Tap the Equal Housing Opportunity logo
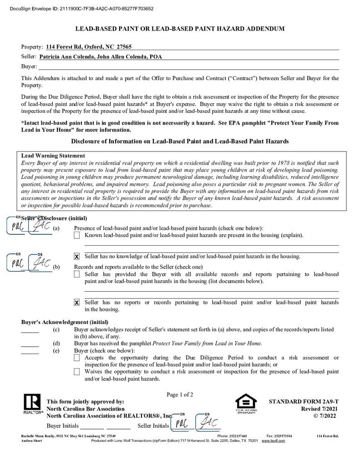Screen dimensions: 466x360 (x=246, y=403)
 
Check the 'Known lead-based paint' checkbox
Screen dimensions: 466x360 (x=77, y=235)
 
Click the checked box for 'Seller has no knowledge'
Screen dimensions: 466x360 (x=77, y=257)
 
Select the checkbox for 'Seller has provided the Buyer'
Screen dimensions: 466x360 (x=77, y=274)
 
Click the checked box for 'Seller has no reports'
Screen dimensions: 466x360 (x=77, y=303)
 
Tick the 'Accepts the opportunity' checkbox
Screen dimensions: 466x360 (x=77, y=358)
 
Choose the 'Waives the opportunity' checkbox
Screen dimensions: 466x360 (x=77, y=372)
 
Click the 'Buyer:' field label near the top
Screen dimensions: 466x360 (x=29, y=66)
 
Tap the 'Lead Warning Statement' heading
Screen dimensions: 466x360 (x=53, y=156)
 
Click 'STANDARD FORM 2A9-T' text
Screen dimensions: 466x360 (x=304, y=402)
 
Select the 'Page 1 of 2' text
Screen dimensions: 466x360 (x=180, y=395)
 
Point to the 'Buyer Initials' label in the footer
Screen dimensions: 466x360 (x=63, y=426)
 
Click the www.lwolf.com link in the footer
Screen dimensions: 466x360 (x=273, y=441)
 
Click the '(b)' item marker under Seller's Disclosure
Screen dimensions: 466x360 (x=56, y=267)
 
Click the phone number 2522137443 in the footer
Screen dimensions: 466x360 (x=238, y=436)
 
